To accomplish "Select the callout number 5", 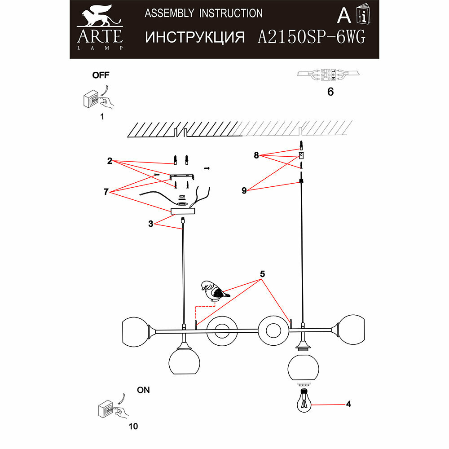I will click(263, 273).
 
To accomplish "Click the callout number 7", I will click(106, 192).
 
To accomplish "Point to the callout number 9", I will click(244, 190).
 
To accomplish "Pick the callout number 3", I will click(151, 223).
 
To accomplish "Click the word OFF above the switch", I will click(101, 75).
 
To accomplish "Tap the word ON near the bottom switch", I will click(143, 390).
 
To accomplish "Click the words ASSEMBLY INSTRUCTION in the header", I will click(203, 13).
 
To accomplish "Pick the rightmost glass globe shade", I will click(352, 330).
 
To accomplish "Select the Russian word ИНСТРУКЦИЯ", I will click(195, 37).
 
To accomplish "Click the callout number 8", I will click(256, 155).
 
